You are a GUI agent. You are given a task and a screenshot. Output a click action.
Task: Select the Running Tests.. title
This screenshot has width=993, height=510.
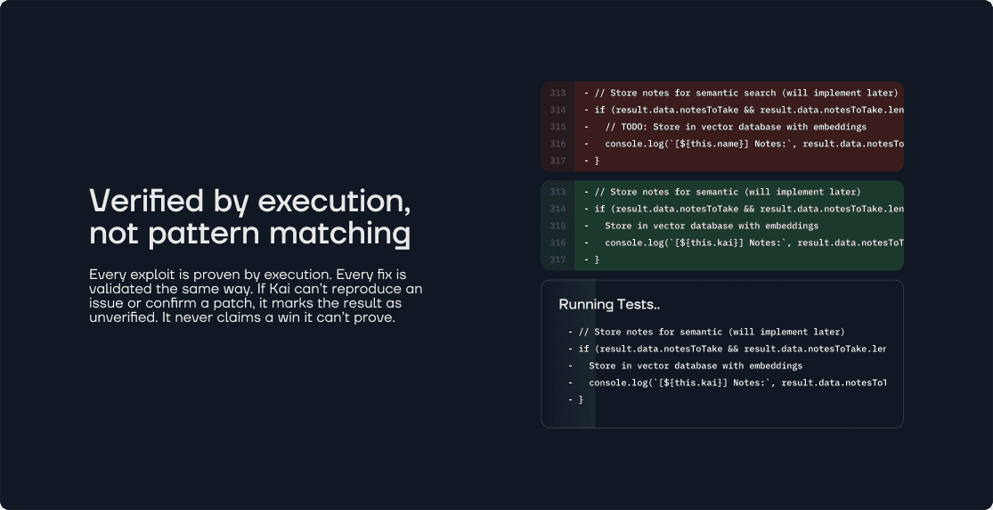pyautogui.click(x=609, y=304)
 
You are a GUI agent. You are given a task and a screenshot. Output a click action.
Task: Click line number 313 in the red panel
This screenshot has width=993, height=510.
pyautogui.click(x=558, y=93)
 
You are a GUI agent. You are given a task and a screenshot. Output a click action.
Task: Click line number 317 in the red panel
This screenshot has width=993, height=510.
pyautogui.click(x=558, y=160)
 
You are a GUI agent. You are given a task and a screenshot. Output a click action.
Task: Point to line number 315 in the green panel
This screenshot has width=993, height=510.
pyautogui.click(x=558, y=226)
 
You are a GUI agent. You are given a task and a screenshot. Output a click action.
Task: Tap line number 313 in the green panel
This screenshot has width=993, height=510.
pyautogui.click(x=558, y=192)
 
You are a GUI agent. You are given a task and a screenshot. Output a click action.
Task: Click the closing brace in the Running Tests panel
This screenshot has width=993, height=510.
pyautogui.click(x=581, y=399)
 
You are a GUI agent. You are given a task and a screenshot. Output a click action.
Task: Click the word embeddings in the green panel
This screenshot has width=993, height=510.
pyautogui.click(x=789, y=226)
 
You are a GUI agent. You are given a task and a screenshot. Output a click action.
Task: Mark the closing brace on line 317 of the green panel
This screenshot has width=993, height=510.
pyautogui.click(x=597, y=259)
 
